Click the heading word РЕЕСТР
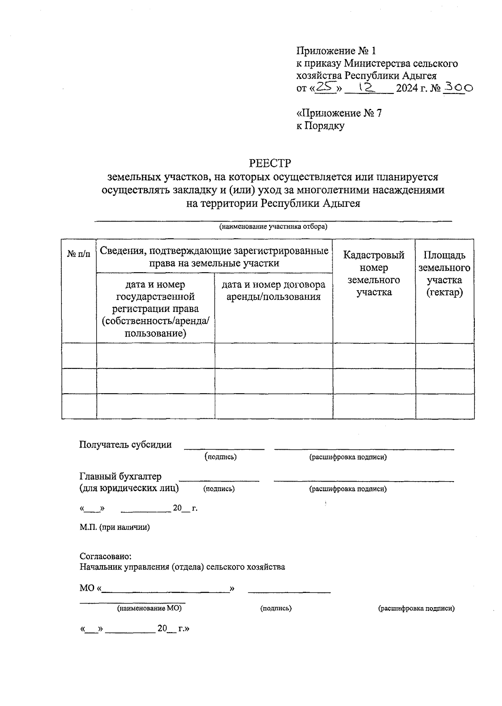click(x=270, y=163)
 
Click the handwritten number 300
click(x=458, y=88)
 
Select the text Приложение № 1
click(x=336, y=51)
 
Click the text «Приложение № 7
click(x=338, y=113)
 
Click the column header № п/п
click(x=79, y=254)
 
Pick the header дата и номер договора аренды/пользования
click(x=273, y=291)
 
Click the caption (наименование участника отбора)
click(x=273, y=227)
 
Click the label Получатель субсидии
click(x=125, y=445)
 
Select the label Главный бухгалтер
click(x=120, y=477)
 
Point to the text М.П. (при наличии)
click(x=115, y=527)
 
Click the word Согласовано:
click(x=105, y=557)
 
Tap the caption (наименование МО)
click(x=149, y=608)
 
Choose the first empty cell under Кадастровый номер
click(x=374, y=356)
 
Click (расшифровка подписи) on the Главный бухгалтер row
click(x=348, y=489)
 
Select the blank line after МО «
click(x=165, y=590)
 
